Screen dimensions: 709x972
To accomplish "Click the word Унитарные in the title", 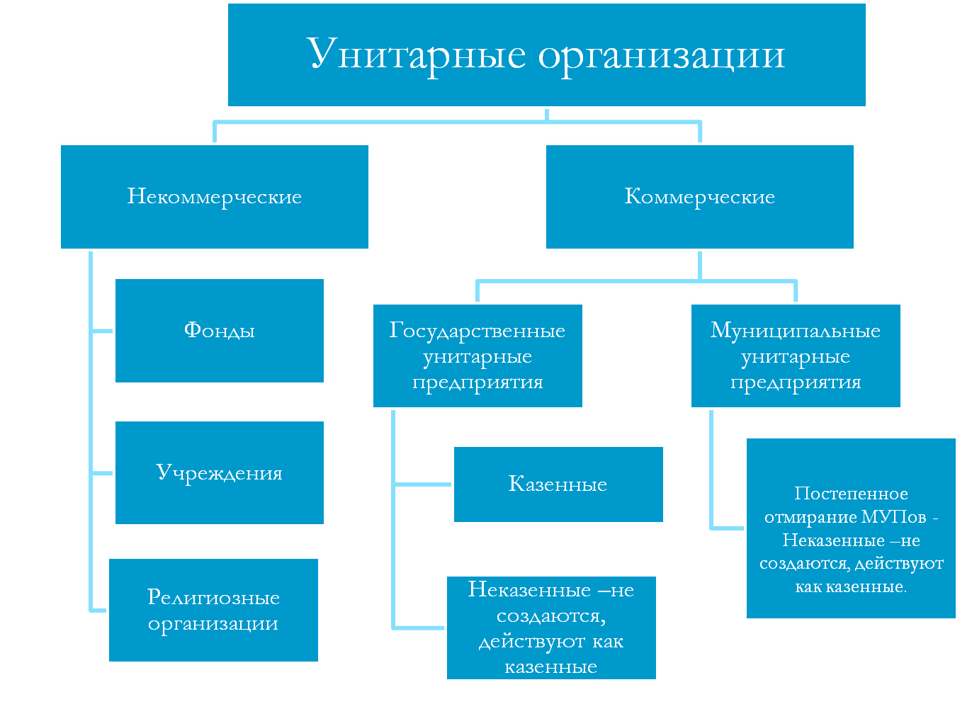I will (416, 55).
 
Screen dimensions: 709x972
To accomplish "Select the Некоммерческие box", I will (214, 197).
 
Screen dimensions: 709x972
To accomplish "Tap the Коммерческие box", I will (699, 197).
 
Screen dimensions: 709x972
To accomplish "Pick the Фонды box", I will (219, 331).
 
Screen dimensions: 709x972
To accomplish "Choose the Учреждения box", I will (219, 472).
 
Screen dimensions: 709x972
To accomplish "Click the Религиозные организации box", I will (213, 610).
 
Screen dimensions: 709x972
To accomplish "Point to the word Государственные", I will (477, 331).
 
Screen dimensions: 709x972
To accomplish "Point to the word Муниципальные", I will (795, 331).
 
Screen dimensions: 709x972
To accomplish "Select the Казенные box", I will (558, 484).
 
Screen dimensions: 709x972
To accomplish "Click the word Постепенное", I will (851, 494).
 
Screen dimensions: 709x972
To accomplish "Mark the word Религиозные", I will (213, 597).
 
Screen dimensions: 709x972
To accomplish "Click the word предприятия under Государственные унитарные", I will (477, 382).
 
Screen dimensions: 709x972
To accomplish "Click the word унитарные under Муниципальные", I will (795, 357).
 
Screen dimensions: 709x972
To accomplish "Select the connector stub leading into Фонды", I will (103, 331).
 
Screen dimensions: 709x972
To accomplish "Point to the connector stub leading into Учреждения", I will (103, 472).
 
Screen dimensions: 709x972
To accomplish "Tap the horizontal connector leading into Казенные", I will (423, 484).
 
